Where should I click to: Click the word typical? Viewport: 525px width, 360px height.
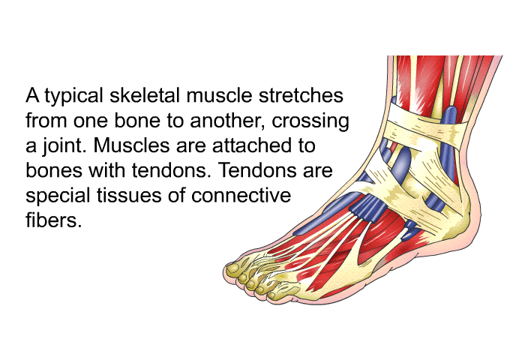click(73, 96)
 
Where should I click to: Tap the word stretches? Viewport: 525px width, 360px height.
click(301, 95)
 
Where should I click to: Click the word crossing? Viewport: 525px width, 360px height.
click(310, 121)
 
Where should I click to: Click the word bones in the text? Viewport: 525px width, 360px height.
click(54, 170)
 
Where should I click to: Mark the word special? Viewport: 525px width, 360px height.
click(58, 196)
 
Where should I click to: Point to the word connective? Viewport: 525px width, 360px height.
click(241, 195)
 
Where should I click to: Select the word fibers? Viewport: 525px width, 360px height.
click(54, 220)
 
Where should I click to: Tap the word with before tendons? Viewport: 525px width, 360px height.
click(107, 170)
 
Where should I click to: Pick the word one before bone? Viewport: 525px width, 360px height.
click(91, 121)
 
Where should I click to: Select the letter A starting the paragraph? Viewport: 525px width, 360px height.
click(32, 95)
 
